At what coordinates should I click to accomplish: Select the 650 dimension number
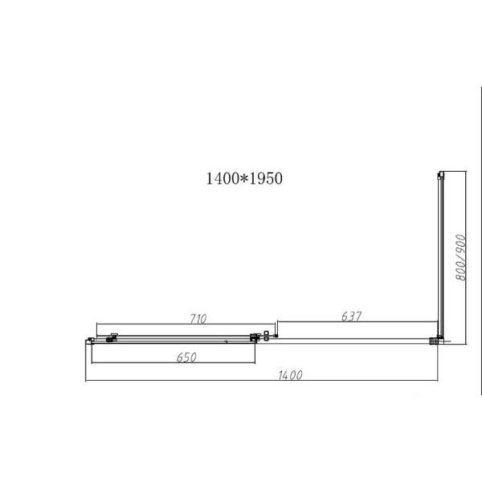coord(184,357)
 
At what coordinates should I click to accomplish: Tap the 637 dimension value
coord(350,317)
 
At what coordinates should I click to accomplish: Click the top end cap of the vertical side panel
coord(439,174)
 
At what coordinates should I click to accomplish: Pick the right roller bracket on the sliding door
coord(256,337)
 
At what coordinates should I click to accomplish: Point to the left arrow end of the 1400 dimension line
coord(86,382)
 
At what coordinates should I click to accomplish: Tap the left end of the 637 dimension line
coord(278,323)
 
